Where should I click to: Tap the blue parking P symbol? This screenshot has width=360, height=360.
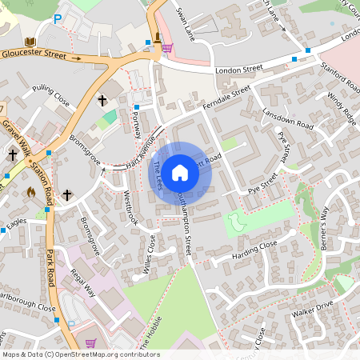(x=57, y=18)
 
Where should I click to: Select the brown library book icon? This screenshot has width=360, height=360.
(x=30, y=42)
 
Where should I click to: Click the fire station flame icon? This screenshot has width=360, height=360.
(x=31, y=192)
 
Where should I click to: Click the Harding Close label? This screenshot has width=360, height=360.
(x=254, y=250)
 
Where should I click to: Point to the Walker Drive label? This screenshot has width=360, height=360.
(x=312, y=309)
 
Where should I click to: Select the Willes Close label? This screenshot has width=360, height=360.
(x=146, y=257)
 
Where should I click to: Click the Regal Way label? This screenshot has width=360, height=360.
(x=83, y=283)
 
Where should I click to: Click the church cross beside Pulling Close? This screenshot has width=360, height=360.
(x=102, y=101)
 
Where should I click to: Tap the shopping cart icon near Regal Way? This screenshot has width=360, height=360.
(x=90, y=342)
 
